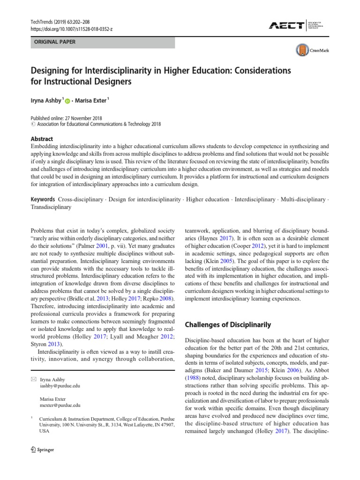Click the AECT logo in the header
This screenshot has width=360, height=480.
(x=286, y=26)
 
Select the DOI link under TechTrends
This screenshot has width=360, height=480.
(x=72, y=29)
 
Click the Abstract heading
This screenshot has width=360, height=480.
(x=42, y=139)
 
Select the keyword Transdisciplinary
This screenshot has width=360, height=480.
(x=51, y=207)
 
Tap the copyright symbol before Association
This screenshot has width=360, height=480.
(x=32, y=125)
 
